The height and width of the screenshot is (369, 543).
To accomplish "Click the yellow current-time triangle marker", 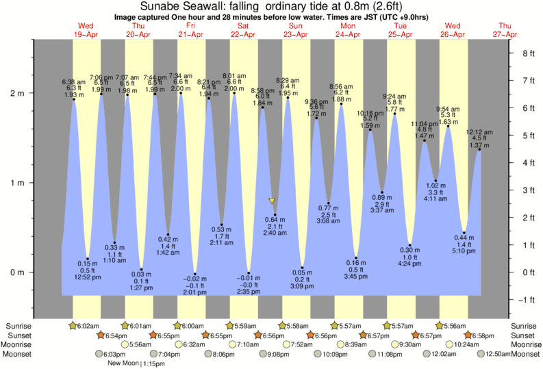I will [x=272, y=201].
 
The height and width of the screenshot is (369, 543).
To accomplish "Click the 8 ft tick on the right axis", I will [x=527, y=53].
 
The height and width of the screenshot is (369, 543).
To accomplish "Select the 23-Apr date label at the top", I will [x=296, y=34].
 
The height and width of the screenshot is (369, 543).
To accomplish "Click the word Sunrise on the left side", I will [x=18, y=325].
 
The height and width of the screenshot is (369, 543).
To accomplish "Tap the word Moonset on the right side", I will [x=524, y=355].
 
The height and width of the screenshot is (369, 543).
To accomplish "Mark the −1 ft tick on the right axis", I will [x=527, y=300].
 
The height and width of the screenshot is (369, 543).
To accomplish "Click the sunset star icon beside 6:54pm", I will [x=101, y=335].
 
